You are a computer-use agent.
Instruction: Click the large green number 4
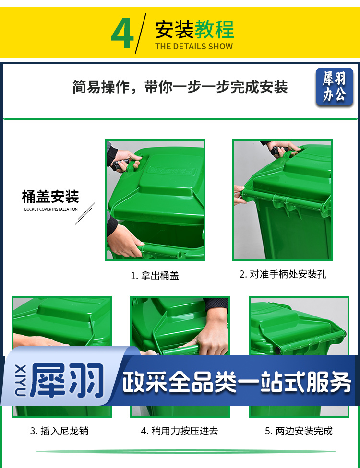(122, 34)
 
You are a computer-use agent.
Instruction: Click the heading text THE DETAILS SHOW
(194, 46)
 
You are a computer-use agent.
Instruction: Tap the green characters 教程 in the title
(214, 30)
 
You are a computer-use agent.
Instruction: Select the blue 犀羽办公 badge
(335, 87)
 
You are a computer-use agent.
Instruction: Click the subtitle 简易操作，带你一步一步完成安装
(180, 87)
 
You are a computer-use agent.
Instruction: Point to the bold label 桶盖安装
(50, 197)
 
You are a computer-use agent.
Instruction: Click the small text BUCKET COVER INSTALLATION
(51, 209)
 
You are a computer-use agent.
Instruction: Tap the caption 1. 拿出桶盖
(155, 275)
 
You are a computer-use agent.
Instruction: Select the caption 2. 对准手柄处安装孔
(283, 274)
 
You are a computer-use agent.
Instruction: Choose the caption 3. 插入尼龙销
(59, 431)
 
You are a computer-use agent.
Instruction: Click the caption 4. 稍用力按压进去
(180, 431)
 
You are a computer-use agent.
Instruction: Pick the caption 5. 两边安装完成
(299, 431)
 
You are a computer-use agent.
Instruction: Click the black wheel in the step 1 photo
(120, 164)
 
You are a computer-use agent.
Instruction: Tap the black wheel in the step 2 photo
(280, 151)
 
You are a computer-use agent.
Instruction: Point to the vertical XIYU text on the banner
(20, 380)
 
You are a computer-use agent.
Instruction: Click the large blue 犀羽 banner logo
(67, 380)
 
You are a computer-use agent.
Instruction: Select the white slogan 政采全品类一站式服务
(237, 382)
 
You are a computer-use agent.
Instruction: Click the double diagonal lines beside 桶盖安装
(85, 214)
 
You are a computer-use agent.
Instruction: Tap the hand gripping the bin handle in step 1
(125, 242)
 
